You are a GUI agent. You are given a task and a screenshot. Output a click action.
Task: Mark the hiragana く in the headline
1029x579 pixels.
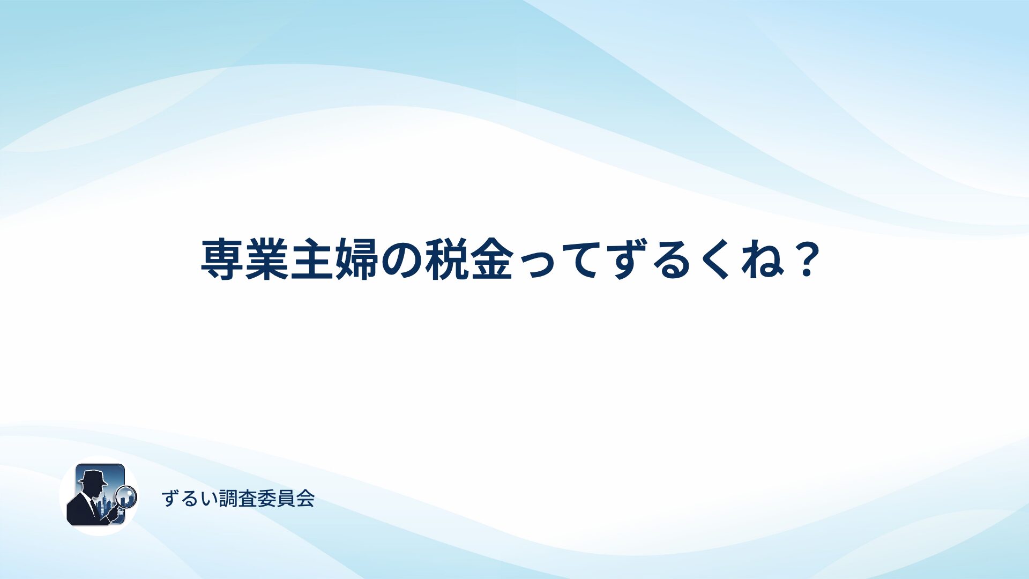pyautogui.click(x=715, y=261)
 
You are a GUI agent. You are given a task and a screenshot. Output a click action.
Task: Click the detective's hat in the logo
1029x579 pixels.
pyautogui.click(x=93, y=477)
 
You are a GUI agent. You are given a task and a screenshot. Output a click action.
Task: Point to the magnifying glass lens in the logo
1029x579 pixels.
pyautogui.click(x=126, y=496)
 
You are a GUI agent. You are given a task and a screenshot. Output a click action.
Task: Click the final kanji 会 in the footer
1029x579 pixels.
pyautogui.click(x=305, y=499)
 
